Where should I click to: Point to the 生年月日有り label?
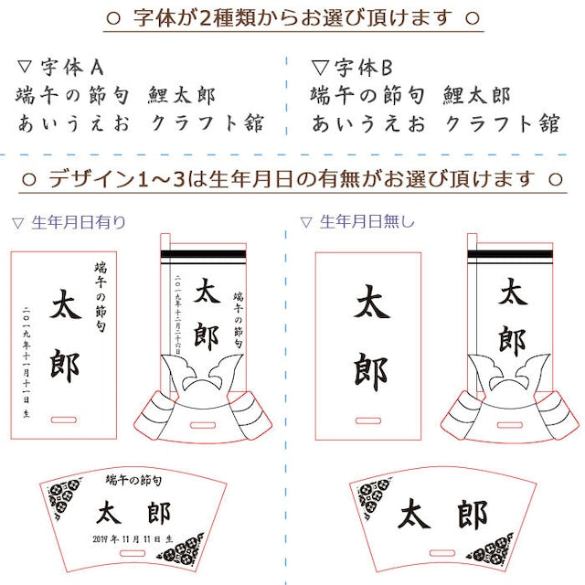pyautogui.click(x=79, y=221)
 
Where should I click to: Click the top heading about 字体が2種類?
pyautogui.click(x=292, y=17)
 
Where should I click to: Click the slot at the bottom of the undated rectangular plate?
pyautogui.click(x=367, y=420)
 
